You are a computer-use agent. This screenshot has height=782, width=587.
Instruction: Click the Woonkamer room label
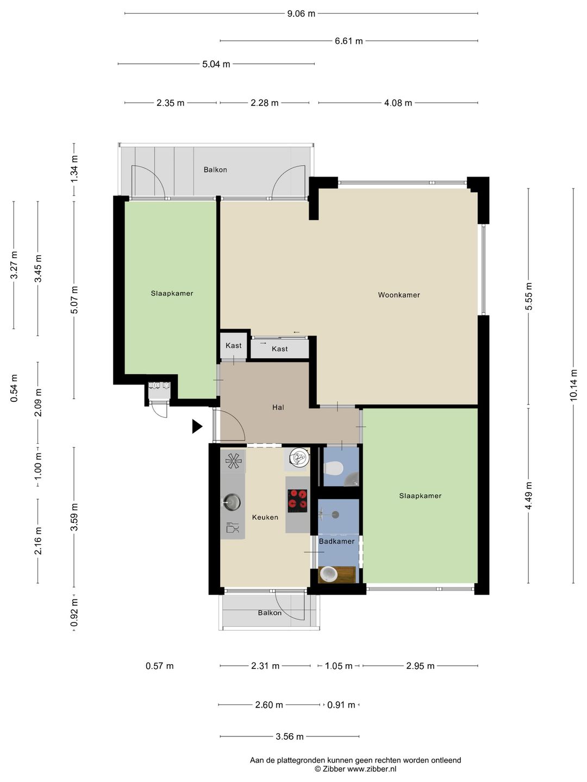tap(399, 295)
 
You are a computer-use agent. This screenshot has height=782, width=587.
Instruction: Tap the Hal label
tap(278, 407)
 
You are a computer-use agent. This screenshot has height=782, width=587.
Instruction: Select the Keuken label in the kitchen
tap(265, 518)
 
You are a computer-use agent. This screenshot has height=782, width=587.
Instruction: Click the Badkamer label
tap(336, 541)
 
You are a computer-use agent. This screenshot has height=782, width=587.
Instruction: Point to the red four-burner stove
tap(297, 501)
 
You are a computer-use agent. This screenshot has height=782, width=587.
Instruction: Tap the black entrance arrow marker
tap(197, 426)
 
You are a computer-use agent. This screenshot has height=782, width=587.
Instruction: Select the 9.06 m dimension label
tap(301, 14)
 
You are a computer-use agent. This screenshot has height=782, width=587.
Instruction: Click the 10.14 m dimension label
tap(573, 385)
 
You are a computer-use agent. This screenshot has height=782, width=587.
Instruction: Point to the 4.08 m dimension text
tap(398, 103)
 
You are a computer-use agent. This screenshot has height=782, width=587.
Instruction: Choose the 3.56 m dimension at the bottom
tap(289, 736)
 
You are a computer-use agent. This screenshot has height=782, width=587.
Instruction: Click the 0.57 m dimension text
tap(159, 666)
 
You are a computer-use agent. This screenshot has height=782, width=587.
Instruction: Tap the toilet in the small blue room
tap(334, 468)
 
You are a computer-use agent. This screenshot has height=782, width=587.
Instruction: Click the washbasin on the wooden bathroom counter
tap(329, 574)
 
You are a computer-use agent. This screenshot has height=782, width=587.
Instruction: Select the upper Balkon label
tap(215, 169)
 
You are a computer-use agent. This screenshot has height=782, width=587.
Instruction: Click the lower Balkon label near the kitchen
tap(270, 613)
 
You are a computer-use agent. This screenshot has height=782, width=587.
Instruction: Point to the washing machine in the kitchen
tap(299, 457)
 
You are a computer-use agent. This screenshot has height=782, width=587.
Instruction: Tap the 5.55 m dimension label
tap(528, 296)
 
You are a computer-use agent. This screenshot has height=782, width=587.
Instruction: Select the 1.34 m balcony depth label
tap(74, 169)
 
